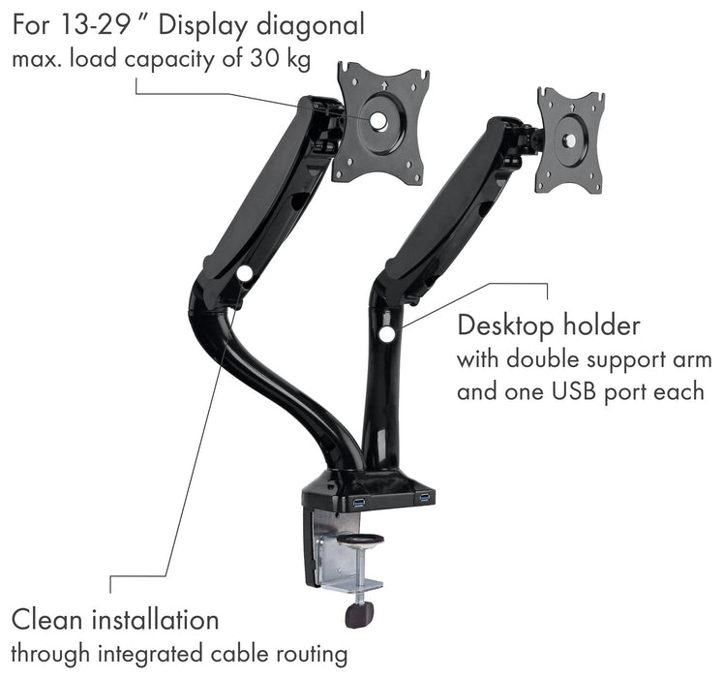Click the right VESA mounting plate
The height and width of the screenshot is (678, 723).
(x=570, y=140)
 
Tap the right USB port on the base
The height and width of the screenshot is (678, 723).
(x=424, y=498)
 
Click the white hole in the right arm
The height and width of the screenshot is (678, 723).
(x=387, y=334)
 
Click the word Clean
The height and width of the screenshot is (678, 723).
(x=47, y=619)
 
